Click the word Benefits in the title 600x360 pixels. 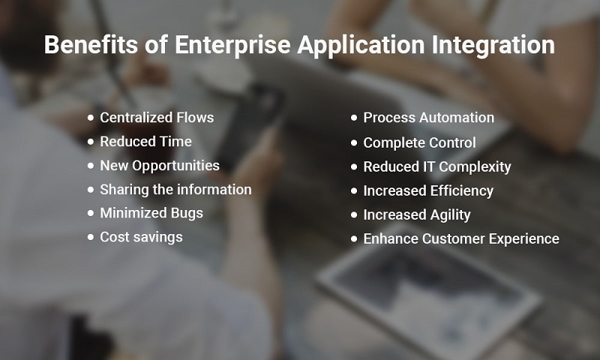click(91, 44)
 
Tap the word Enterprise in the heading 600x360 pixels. click(232, 45)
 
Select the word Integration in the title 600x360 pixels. click(493, 45)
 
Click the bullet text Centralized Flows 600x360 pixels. click(157, 118)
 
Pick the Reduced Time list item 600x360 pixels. click(145, 142)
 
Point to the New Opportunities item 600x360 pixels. click(160, 166)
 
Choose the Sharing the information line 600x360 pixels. click(175, 190)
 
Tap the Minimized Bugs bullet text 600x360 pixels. click(151, 213)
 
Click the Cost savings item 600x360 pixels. click(141, 237)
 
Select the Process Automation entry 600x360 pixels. click(428, 118)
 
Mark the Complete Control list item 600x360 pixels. click(419, 142)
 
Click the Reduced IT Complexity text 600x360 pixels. click(437, 166)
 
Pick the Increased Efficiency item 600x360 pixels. click(428, 191)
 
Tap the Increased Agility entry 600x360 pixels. click(417, 215)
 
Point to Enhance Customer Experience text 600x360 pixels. click(461, 238)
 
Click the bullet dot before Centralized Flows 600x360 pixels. click(90, 118)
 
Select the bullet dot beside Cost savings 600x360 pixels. click(90, 237)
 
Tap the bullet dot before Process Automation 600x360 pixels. click(354, 118)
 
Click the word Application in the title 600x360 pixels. click(361, 45)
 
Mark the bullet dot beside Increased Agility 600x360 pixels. click(354, 215)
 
